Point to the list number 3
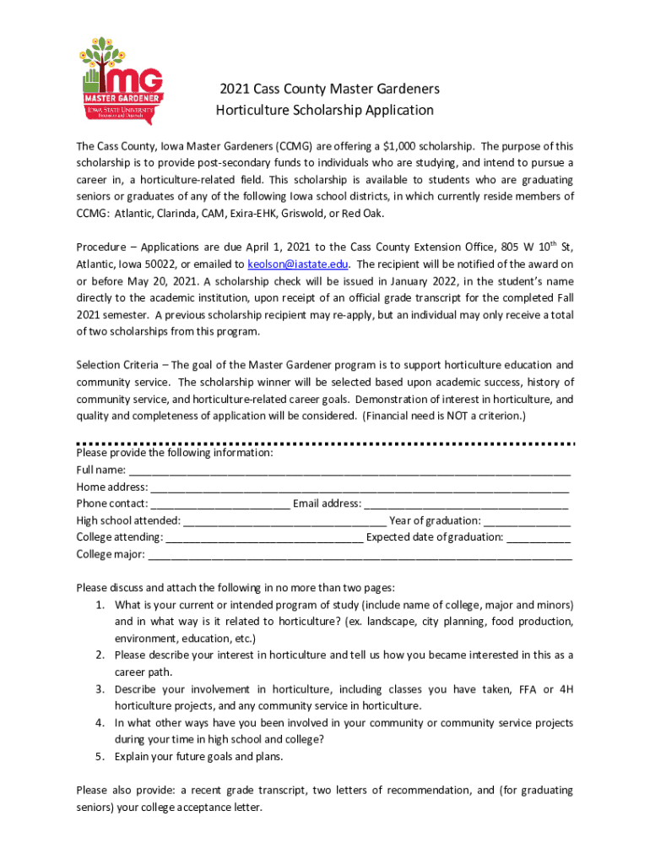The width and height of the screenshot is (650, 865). pyautogui.click(x=99, y=689)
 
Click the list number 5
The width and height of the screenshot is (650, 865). pyautogui.click(x=99, y=756)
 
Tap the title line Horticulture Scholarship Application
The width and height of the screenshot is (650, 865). pyautogui.click(x=325, y=111)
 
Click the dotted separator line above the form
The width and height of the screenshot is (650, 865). pyautogui.click(x=325, y=443)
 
